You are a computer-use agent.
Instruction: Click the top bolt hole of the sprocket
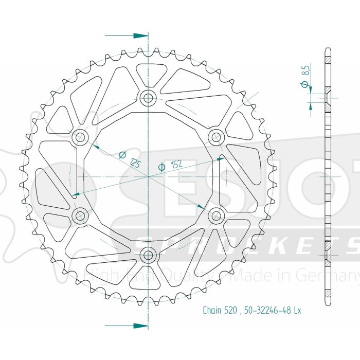[149, 97]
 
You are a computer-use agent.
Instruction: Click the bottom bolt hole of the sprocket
[149, 254]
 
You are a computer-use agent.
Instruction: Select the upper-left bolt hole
[80, 137]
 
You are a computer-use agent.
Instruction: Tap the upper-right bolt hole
[216, 137]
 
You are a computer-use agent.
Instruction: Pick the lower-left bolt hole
[80, 215]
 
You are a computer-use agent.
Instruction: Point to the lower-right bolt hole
[216, 215]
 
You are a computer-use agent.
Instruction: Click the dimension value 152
[176, 165]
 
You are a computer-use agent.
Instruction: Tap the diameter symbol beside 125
[123, 154]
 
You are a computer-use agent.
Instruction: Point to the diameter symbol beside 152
[161, 167]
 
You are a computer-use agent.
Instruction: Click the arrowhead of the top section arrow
[141, 36]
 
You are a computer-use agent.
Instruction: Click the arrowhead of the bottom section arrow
[141, 326]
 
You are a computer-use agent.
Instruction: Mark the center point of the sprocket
[149, 176]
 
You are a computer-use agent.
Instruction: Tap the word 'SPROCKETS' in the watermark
[247, 246]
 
